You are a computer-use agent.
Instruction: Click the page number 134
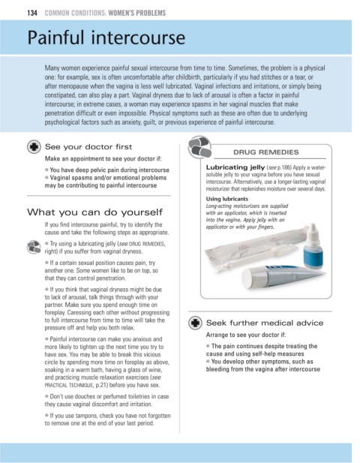(32, 13)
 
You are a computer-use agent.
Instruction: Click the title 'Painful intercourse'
(106, 38)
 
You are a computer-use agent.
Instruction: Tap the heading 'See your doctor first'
(88, 147)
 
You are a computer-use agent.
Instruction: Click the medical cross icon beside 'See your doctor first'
(34, 147)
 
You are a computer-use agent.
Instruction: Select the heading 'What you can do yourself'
(94, 212)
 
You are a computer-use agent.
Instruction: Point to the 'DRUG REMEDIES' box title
(265, 152)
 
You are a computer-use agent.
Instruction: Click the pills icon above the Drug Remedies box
(199, 147)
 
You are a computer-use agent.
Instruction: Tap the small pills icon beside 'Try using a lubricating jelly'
(34, 247)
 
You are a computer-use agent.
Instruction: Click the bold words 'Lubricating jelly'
(235, 167)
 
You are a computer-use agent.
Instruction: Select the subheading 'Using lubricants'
(227, 199)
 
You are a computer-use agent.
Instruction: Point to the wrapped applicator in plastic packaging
(254, 250)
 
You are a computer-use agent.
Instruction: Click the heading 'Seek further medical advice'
(265, 323)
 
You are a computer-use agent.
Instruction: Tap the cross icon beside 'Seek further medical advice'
(195, 323)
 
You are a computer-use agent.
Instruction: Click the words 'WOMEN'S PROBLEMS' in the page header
(137, 13)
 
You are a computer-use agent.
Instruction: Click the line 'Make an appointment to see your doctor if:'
(103, 158)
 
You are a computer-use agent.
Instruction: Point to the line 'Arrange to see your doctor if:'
(246, 335)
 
